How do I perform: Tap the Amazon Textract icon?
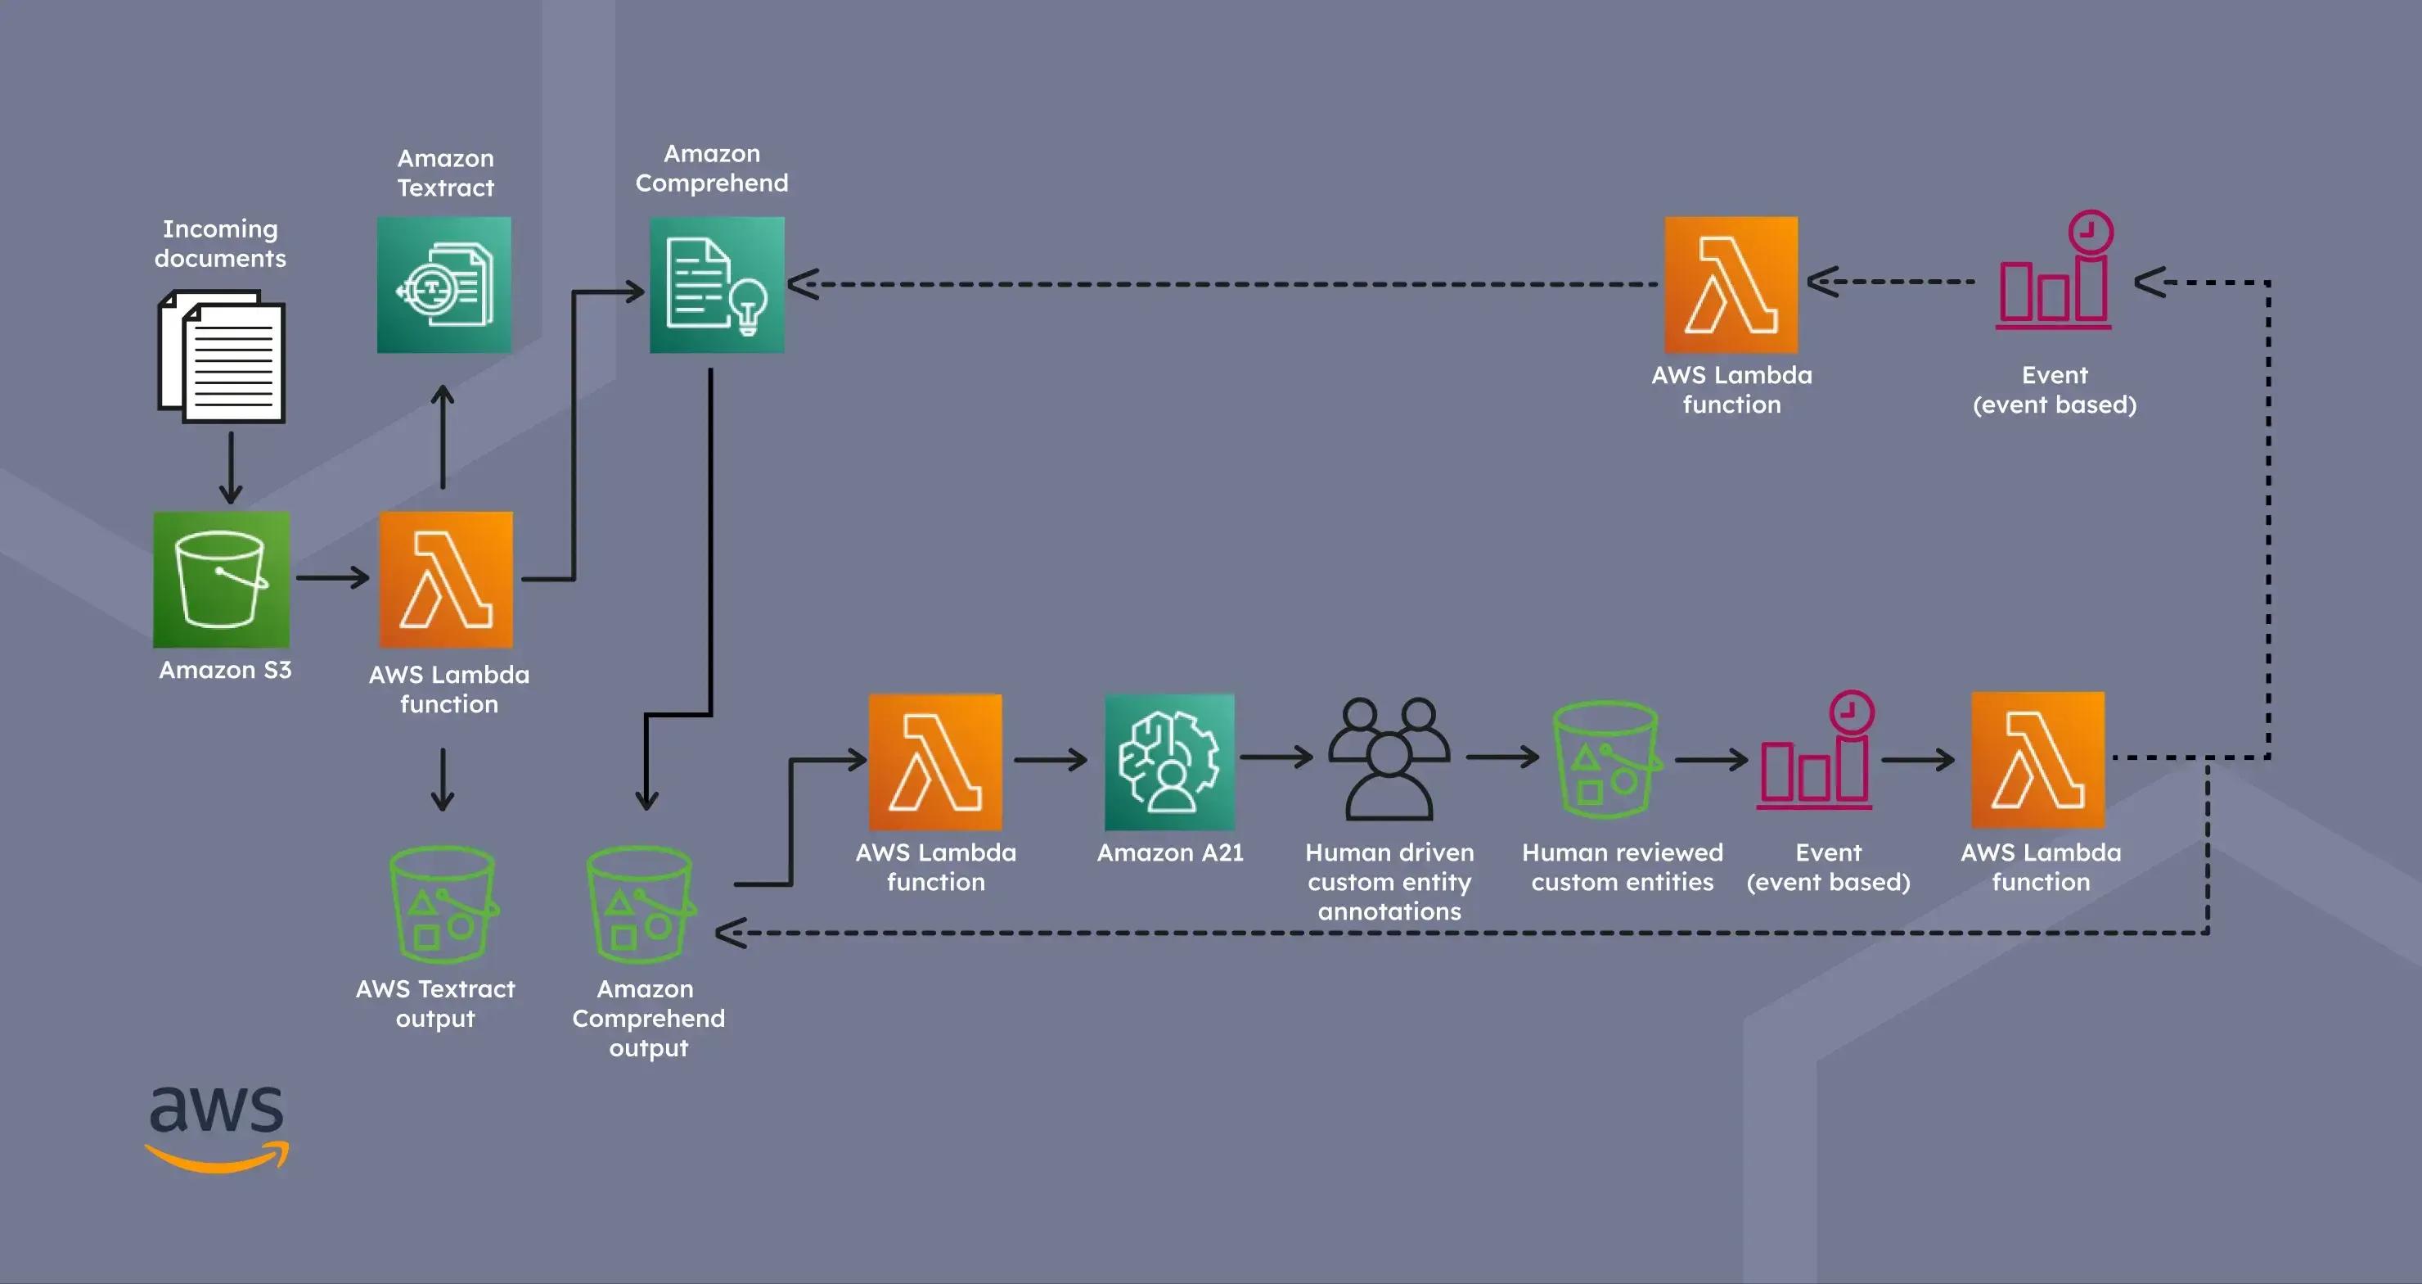click(x=443, y=285)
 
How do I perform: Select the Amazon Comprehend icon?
click(x=717, y=285)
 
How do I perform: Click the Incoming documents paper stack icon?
click(x=222, y=358)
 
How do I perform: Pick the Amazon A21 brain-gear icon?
click(x=1168, y=762)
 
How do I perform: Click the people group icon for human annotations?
click(x=1389, y=759)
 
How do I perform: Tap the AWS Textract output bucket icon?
click(x=442, y=904)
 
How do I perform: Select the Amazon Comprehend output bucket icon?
click(x=639, y=904)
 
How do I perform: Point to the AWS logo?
click(x=217, y=1128)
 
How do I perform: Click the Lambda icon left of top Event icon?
click(x=1731, y=285)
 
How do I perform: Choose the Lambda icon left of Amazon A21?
click(x=934, y=762)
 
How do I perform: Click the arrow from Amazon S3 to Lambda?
click(x=333, y=576)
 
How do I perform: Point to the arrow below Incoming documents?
click(x=231, y=468)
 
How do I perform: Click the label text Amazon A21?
click(x=1169, y=852)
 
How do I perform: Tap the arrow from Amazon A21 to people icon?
click(x=1276, y=757)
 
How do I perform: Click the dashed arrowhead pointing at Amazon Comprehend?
click(x=802, y=284)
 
